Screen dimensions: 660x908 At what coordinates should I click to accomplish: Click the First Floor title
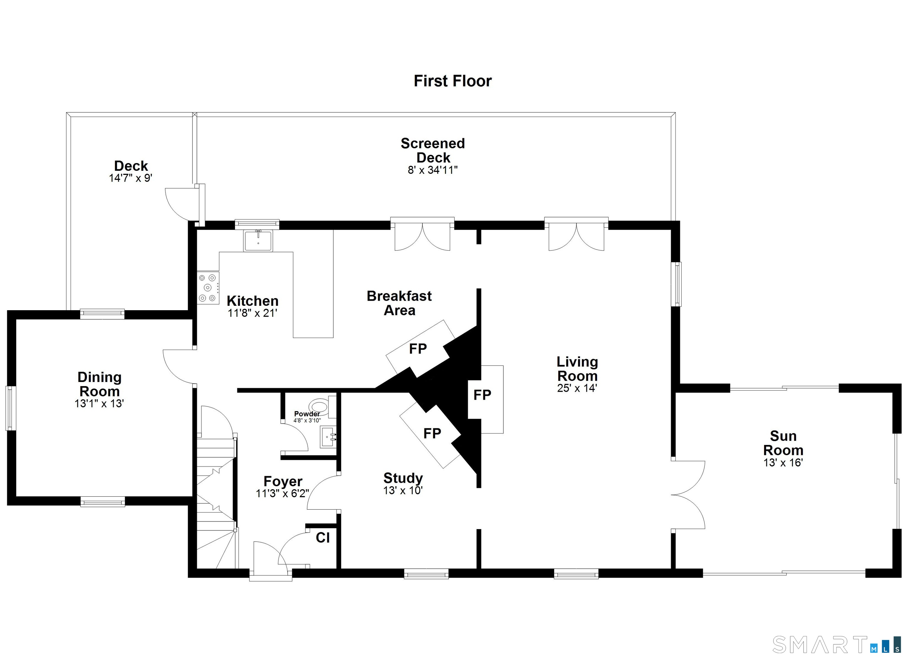[x=453, y=81]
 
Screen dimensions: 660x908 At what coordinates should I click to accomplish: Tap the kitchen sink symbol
[x=258, y=240]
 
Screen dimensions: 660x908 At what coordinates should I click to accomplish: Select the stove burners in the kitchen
[x=208, y=288]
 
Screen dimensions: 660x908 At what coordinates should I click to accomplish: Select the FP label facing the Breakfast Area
[x=418, y=349]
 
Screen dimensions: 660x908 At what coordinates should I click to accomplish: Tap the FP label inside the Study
[x=432, y=433]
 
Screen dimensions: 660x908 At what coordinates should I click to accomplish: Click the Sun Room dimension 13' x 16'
[x=783, y=463]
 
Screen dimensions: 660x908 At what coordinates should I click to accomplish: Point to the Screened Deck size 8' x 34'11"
[x=432, y=170]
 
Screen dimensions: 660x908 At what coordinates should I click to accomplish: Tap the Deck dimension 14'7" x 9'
[x=131, y=178]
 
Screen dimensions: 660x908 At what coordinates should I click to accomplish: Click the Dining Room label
[x=99, y=384]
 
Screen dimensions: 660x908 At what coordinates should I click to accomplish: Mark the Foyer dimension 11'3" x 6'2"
[x=282, y=493]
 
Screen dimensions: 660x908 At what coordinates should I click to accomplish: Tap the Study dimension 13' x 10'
[x=403, y=491]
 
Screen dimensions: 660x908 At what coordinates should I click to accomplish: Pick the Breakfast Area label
[x=399, y=303]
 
